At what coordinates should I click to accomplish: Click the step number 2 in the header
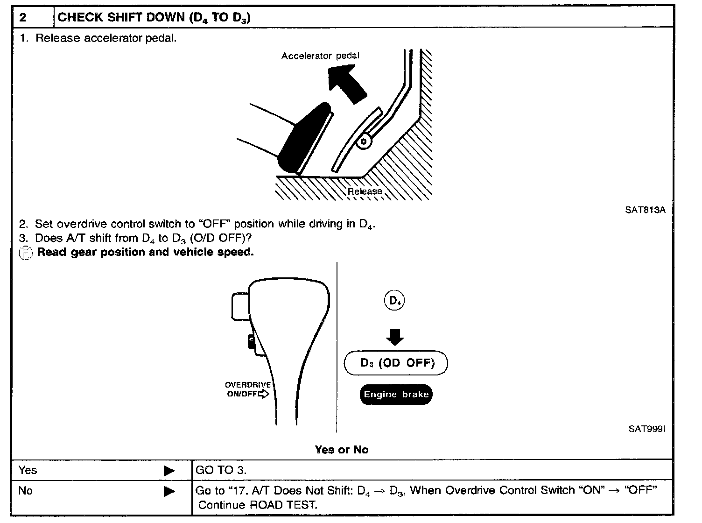click(23, 18)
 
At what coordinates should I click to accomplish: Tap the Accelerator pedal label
click(320, 56)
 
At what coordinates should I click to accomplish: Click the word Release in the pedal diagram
click(365, 191)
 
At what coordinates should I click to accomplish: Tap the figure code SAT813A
click(645, 210)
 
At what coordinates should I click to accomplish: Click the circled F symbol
click(26, 253)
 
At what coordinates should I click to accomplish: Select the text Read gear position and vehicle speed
click(145, 252)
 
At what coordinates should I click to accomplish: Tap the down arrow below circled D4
click(395, 337)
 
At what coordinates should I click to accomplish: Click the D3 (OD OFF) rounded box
click(396, 363)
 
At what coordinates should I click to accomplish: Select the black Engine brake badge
click(396, 395)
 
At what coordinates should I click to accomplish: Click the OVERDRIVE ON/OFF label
click(248, 389)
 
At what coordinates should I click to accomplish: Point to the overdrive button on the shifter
click(252, 342)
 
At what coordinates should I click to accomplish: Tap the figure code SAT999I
click(646, 429)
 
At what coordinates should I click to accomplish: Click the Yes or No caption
click(342, 450)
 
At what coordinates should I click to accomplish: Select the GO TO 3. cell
click(221, 470)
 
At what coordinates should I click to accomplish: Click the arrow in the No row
click(169, 491)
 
